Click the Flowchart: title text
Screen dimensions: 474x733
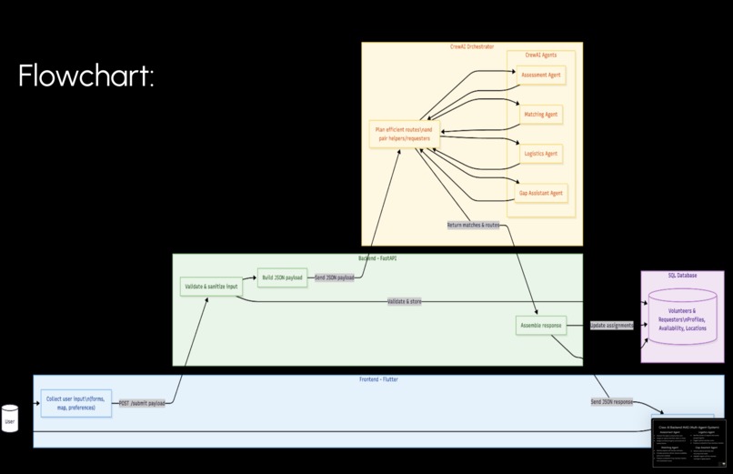coord(85,76)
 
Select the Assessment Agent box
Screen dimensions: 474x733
coord(541,76)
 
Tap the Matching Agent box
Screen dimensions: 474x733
coord(541,115)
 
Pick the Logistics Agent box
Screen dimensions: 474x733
coord(541,154)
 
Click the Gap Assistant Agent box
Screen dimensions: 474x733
coord(541,193)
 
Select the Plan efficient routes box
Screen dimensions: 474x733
coord(404,135)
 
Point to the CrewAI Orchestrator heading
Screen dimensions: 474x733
coord(472,46)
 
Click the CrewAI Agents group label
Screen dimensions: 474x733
coord(541,55)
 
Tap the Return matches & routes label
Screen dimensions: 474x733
coord(473,225)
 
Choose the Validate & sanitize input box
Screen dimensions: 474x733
coord(211,287)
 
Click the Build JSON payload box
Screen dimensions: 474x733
coord(282,277)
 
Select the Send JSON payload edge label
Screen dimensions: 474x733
coord(334,277)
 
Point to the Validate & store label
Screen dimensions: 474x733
coord(404,301)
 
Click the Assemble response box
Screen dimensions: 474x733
coord(540,325)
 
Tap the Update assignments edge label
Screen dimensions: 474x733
coord(611,325)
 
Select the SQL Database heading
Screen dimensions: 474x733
coord(682,275)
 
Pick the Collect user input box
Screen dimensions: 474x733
coord(75,403)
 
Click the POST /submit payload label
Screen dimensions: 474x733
coord(142,403)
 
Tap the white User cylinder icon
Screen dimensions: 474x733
coord(10,419)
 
